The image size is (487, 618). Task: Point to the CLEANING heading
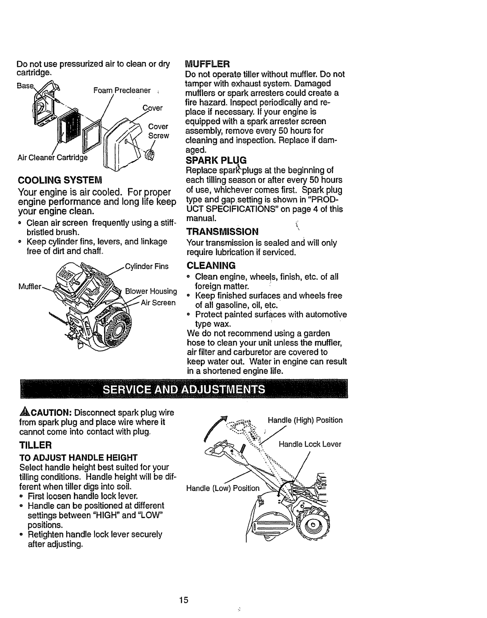click(x=211, y=266)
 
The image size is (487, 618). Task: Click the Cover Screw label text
click(x=159, y=131)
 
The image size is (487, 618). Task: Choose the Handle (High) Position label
click(x=305, y=420)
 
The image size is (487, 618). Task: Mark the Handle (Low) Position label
click(x=223, y=488)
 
